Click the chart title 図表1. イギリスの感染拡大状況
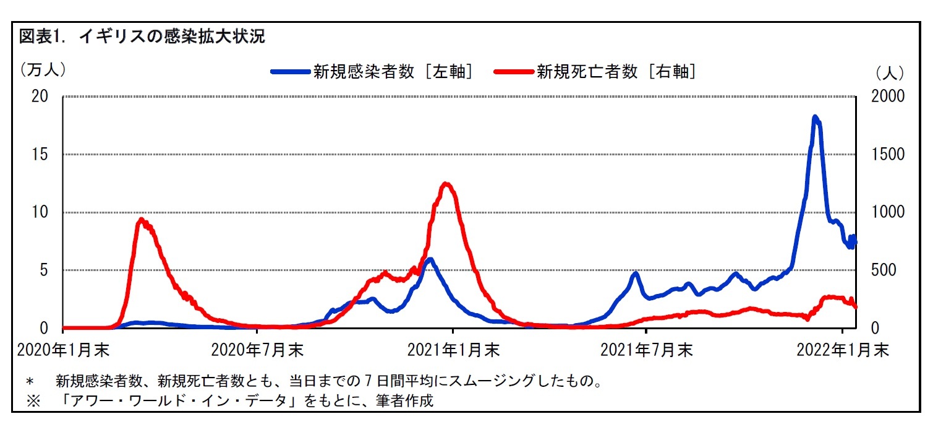point(142,37)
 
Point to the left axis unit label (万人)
point(42,69)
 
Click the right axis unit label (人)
point(890,72)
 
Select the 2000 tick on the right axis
point(887,97)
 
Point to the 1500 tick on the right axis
point(887,155)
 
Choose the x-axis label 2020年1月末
point(63,350)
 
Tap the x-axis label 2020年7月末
point(257,350)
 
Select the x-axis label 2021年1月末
point(453,350)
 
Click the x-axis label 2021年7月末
point(647,350)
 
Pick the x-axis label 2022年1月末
point(842,350)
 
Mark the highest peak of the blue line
point(816,117)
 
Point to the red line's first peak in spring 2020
point(141,220)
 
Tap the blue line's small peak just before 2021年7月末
point(634,273)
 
